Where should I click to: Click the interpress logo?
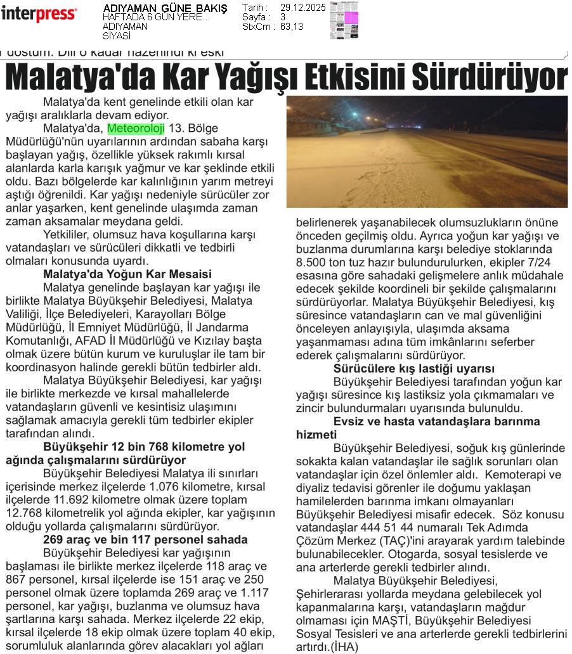click(39, 13)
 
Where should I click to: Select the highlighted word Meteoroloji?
click(136, 129)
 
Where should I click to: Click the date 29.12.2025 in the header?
click(302, 8)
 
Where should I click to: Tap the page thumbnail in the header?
click(344, 20)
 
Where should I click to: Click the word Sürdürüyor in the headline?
click(489, 78)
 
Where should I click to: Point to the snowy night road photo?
click(427, 151)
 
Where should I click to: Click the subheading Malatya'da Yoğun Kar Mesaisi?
click(127, 274)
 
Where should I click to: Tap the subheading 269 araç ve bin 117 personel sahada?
click(145, 540)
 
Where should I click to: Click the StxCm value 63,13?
click(292, 27)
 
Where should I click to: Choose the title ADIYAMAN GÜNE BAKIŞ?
click(165, 8)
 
